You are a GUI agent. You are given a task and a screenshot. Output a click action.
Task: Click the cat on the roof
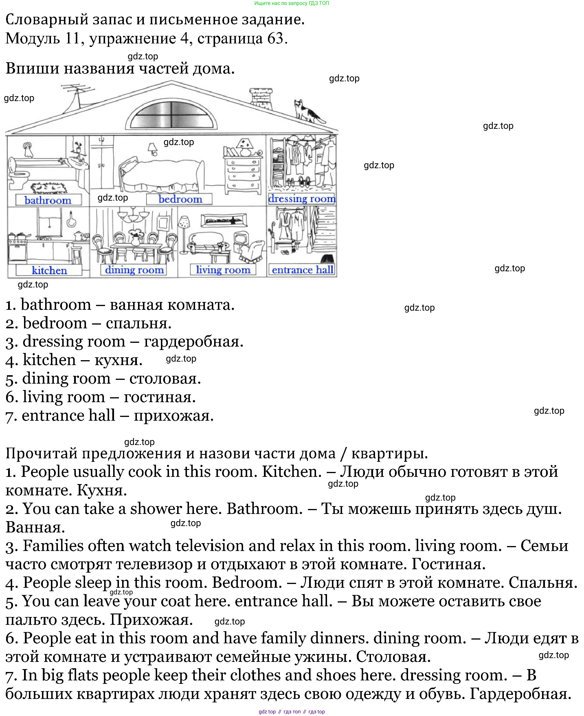coord(308,111)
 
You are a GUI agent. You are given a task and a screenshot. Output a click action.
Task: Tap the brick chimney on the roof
coord(261,96)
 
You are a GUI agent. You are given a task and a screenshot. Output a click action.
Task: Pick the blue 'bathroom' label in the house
coord(48,200)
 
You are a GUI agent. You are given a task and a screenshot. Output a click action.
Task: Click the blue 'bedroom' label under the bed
coord(180,199)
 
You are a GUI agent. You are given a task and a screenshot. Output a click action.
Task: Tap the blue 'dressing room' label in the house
coord(302,199)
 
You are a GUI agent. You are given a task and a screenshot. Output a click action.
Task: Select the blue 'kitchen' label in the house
coord(49,270)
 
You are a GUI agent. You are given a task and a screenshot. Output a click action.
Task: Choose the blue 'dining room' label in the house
coord(134,270)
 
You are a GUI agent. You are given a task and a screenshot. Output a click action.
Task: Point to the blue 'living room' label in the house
coord(223,270)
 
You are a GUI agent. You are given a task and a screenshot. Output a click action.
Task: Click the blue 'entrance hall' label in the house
coord(302,270)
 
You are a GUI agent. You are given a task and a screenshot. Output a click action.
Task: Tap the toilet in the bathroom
coord(18,178)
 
